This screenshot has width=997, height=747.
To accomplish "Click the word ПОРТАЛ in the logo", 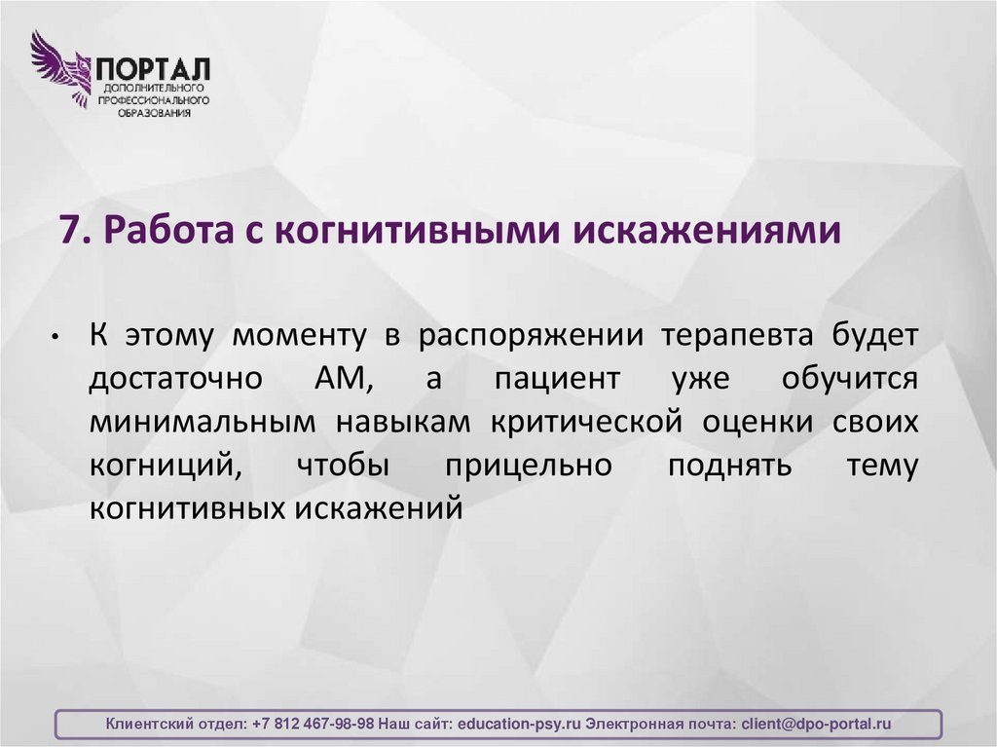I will coord(152,69).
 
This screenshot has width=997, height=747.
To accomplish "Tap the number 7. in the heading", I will coord(75,232).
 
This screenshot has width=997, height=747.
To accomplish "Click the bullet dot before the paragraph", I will coord(58,338).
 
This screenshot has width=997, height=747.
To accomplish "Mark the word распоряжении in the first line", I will coord(533,336).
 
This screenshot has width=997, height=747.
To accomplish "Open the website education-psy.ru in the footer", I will coord(518,725).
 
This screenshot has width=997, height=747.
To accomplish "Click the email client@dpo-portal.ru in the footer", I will coord(816,725).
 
